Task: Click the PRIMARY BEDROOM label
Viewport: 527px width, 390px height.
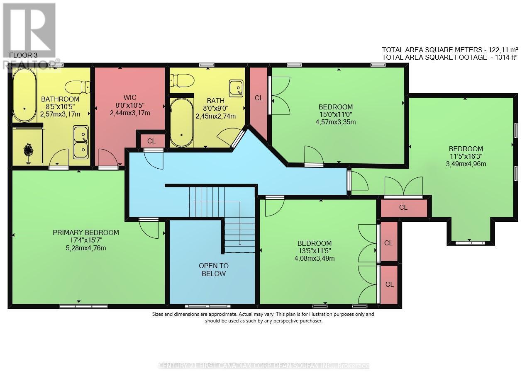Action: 85,233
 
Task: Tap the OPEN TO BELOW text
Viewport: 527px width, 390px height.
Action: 213,269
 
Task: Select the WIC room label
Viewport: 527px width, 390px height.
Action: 130,98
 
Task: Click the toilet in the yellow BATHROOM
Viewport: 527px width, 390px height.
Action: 77,87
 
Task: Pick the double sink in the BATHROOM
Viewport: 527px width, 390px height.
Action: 81,142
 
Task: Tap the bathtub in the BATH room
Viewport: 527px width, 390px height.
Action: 181,122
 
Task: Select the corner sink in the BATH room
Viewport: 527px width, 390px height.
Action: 236,88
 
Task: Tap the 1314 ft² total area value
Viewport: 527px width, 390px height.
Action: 503,57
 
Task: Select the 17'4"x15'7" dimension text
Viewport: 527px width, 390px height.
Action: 85,240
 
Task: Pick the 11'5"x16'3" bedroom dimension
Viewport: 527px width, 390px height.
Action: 466,156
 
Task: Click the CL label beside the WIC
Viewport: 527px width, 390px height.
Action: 151,141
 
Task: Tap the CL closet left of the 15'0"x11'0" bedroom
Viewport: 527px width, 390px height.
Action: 259,98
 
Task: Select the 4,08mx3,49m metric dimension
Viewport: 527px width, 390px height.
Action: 314,258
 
